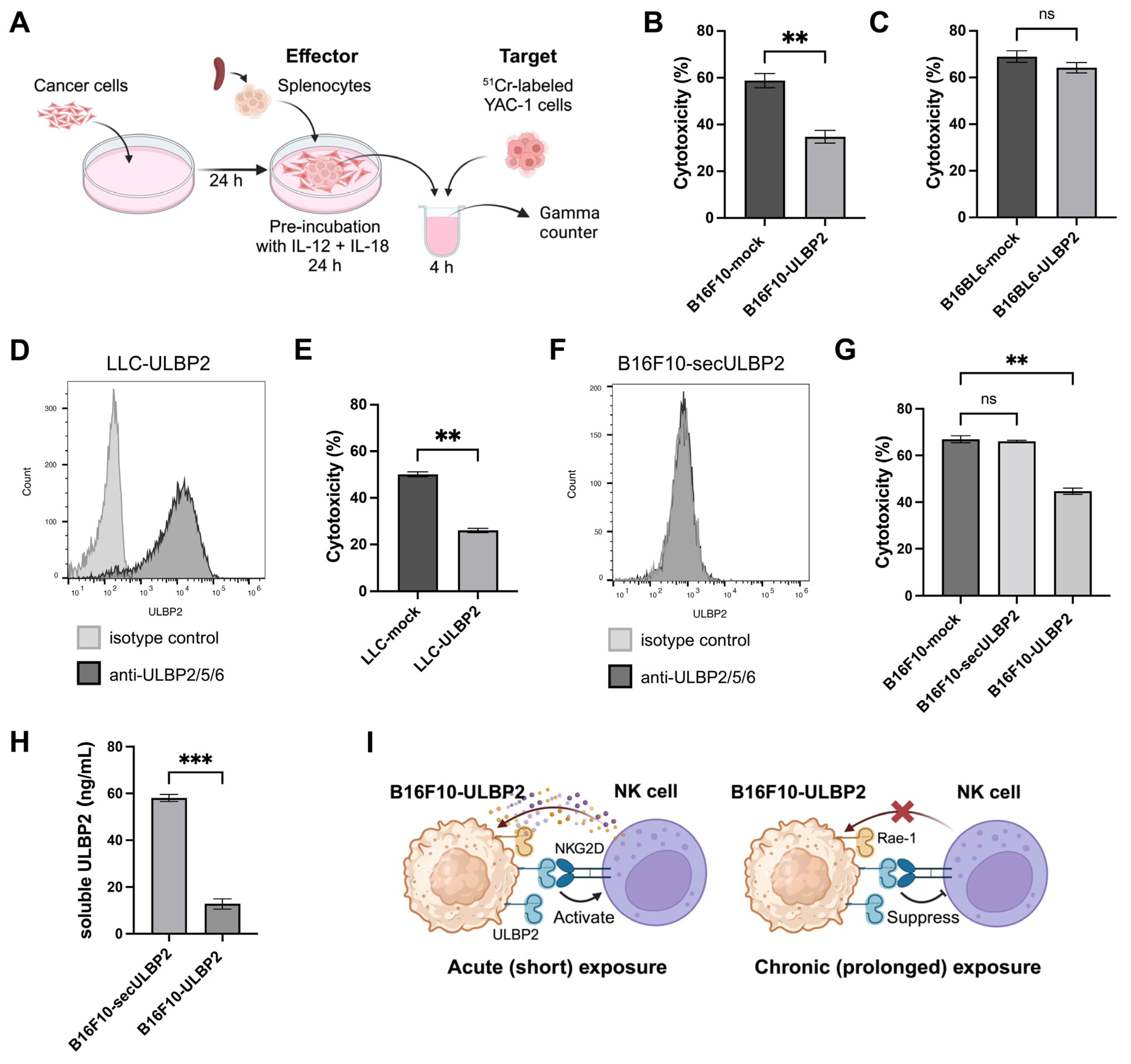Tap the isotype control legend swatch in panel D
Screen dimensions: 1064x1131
pos(89,638)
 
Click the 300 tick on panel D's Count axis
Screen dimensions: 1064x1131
pos(51,408)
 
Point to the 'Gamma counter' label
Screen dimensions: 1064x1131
pos(569,222)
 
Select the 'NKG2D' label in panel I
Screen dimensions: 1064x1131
pos(579,848)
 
